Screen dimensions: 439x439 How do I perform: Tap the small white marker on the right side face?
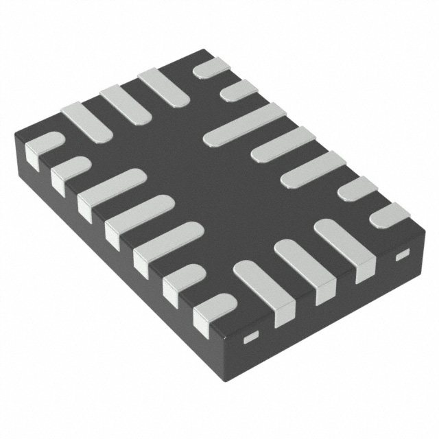[x=401, y=255]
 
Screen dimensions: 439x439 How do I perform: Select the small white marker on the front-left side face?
[x=251, y=335]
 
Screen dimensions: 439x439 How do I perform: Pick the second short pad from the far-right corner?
[x=357, y=189]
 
